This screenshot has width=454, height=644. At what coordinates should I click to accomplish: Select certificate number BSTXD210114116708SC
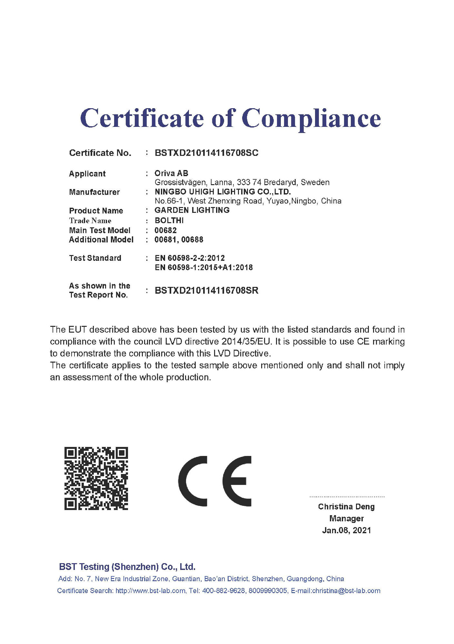206,153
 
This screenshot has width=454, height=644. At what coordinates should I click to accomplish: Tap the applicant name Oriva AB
171,173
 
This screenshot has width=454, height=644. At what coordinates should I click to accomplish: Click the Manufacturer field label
94,192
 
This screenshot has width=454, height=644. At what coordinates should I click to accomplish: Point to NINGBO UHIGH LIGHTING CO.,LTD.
222,192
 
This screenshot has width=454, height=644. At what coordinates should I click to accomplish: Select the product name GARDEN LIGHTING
192,210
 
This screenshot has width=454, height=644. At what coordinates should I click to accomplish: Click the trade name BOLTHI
169,221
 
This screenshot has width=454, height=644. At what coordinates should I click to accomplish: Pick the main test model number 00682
165,230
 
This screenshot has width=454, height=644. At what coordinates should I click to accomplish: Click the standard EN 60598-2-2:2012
190,258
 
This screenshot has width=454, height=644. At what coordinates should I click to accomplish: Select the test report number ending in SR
206,290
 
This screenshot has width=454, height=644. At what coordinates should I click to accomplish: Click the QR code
96,478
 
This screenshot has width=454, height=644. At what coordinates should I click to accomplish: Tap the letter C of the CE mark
192,481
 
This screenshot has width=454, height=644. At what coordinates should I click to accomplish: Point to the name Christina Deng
346,507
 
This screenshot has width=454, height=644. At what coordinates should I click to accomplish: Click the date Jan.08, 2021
346,530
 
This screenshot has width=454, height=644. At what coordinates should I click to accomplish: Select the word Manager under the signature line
346,518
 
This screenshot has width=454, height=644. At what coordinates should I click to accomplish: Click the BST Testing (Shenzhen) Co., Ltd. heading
127,567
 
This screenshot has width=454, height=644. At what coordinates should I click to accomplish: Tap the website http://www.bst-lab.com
150,591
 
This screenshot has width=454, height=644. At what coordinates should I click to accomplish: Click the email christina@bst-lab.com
346,591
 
